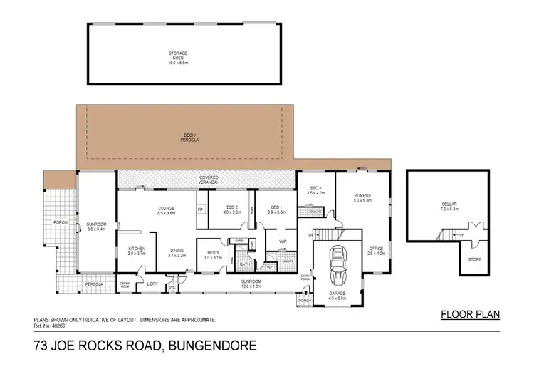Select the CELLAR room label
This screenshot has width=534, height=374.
[449, 204]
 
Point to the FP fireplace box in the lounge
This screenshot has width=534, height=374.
[200, 209]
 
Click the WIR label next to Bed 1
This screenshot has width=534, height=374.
[282, 241]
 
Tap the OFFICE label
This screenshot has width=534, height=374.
[376, 249]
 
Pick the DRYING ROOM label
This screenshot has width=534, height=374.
[125, 284]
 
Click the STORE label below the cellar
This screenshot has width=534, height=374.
[475, 259]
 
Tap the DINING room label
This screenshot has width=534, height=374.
[177, 250]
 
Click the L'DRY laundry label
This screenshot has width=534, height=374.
[152, 284]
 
